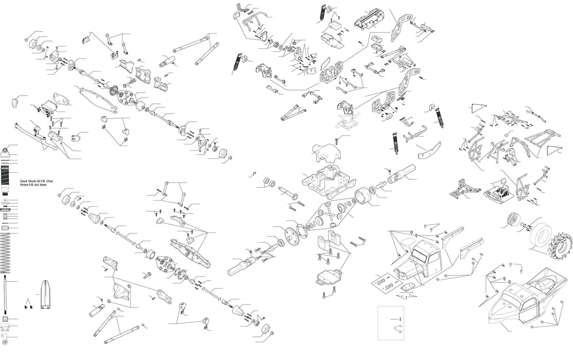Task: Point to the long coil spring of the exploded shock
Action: (6, 252)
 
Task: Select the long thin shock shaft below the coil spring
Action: (5, 293)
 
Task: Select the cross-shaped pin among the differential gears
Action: (326, 215)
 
